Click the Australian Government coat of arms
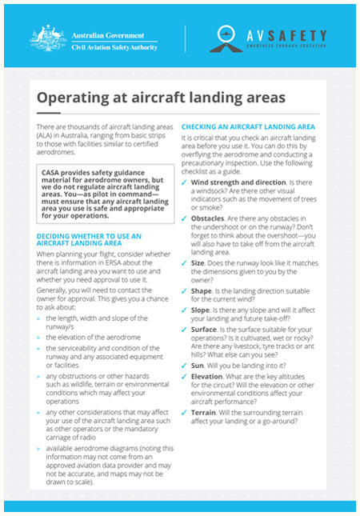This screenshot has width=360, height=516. tap(49, 37)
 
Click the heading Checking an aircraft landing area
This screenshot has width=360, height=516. tap(248, 127)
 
